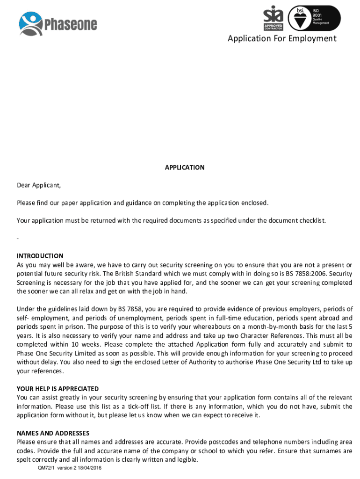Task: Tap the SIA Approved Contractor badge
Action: point(274,18)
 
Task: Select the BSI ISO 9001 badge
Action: point(314,18)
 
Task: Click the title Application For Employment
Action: point(282,38)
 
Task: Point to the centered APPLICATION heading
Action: point(185,167)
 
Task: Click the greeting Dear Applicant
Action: point(39,185)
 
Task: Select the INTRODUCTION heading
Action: point(40,256)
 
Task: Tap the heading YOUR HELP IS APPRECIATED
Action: point(58,389)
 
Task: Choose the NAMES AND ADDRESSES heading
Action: point(53,433)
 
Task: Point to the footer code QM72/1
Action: point(48,468)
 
